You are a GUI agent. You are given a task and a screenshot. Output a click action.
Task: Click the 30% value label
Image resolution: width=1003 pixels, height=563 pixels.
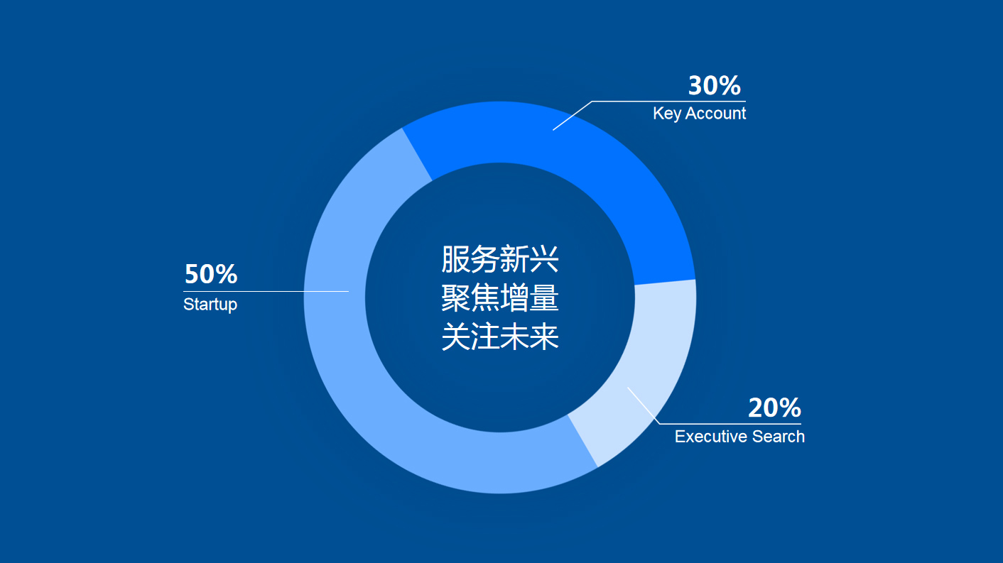tap(714, 85)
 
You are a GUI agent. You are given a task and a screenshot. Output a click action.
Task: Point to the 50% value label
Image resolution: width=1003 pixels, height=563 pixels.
tap(210, 274)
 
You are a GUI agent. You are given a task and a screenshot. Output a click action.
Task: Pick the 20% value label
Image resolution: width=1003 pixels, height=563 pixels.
tap(775, 408)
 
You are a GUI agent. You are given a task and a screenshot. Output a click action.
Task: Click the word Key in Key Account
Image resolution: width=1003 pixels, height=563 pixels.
tap(667, 114)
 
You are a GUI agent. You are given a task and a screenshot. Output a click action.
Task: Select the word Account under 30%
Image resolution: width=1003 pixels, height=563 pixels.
tap(715, 113)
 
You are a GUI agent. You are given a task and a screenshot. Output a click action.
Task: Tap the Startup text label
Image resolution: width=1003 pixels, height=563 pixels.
tap(210, 305)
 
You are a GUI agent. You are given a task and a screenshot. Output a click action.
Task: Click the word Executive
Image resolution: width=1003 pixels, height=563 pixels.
tap(711, 437)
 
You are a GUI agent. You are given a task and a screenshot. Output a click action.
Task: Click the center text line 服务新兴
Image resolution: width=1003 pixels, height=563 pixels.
tap(499, 259)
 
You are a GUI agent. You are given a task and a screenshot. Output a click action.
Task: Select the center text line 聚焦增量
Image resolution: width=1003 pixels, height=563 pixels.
tap(499, 297)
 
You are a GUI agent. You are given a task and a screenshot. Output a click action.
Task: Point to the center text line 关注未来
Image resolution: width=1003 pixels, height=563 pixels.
tap(499, 337)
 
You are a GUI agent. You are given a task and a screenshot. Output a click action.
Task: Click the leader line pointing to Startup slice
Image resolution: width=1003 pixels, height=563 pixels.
tap(266, 291)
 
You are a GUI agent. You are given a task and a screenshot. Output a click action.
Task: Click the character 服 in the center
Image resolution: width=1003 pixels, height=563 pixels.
tap(455, 259)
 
